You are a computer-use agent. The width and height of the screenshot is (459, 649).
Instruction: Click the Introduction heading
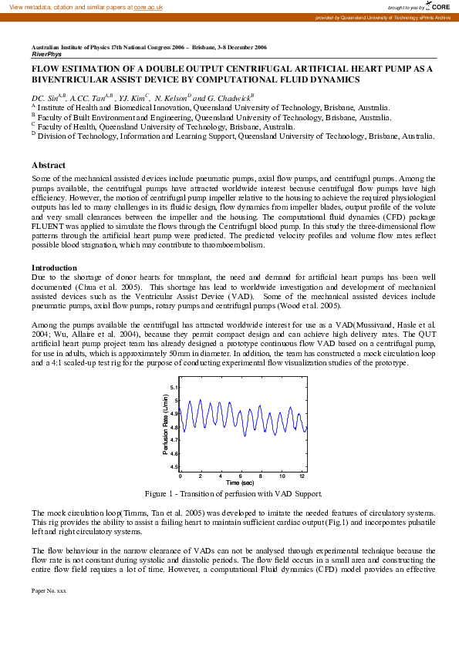tap(54, 267)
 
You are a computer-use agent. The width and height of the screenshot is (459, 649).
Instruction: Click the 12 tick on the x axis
tap(302, 476)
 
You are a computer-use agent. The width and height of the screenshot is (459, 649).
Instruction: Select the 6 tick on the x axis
tap(241, 476)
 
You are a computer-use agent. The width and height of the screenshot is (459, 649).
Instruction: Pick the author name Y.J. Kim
tap(133, 99)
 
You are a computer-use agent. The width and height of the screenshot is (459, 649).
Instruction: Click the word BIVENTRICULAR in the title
tap(74, 79)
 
